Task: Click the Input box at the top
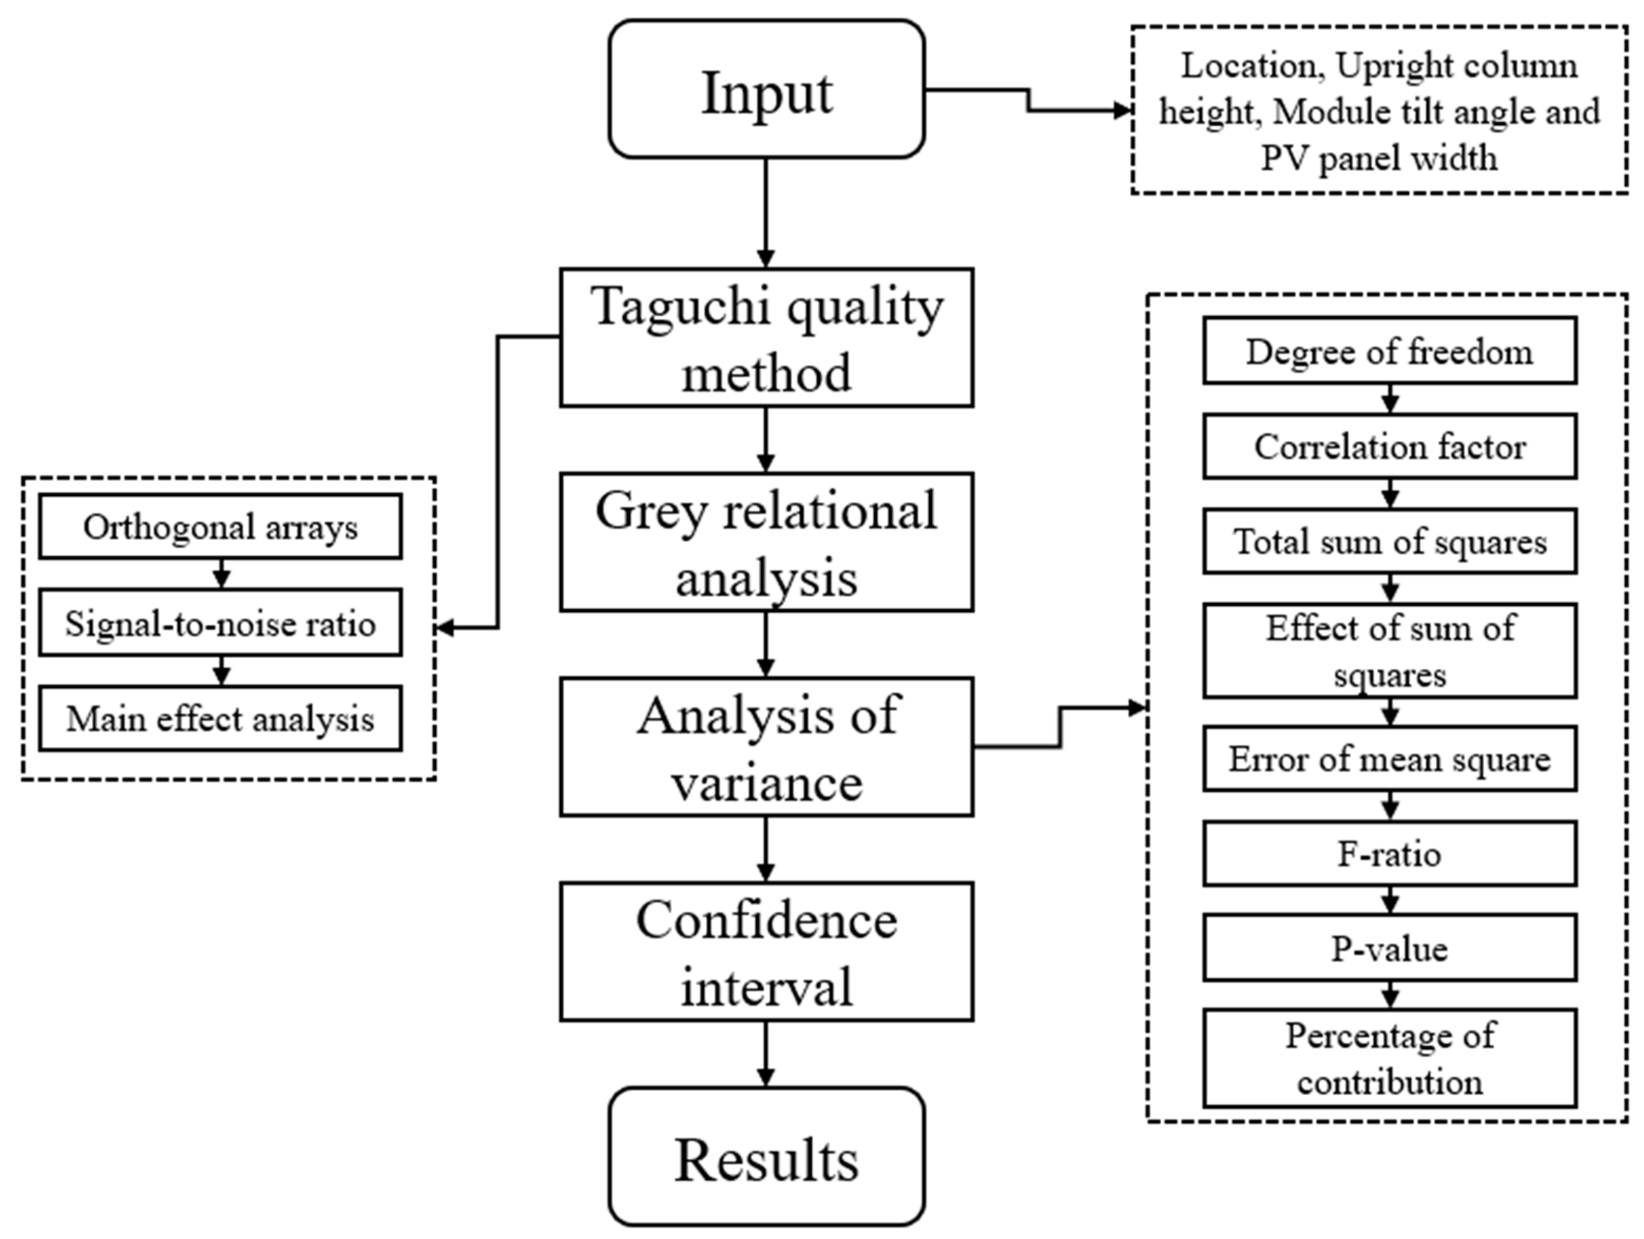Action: click(766, 89)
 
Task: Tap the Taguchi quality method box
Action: click(766, 337)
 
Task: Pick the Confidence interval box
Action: click(766, 951)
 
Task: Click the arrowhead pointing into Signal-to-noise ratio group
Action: click(444, 628)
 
